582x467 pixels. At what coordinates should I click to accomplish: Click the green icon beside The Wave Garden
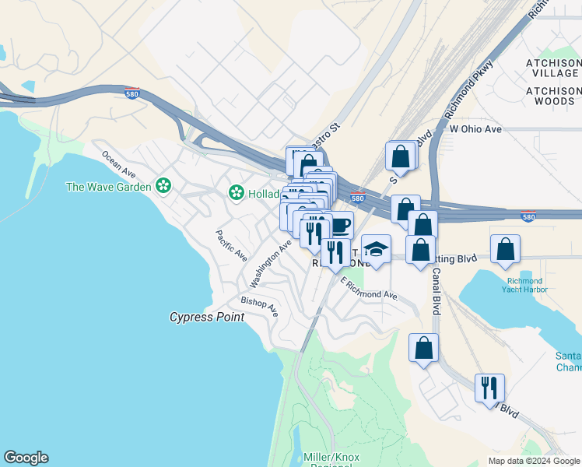coord(163,185)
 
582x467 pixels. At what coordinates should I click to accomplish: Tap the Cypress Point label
coord(207,317)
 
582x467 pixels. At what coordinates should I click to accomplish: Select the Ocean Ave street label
coord(118,163)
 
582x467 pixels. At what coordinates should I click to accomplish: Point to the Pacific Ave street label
coord(231,244)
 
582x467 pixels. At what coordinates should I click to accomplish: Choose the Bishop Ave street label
coord(259,304)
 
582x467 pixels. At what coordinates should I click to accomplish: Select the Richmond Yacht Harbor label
coord(527,285)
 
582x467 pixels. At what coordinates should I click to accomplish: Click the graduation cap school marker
coord(376,250)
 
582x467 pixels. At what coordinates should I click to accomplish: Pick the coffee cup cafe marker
coord(338,226)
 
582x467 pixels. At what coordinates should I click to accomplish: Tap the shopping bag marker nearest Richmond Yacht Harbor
coord(505,249)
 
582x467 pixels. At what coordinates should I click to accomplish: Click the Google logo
coord(26,458)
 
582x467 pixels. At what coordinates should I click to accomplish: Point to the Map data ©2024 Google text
coord(533,461)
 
